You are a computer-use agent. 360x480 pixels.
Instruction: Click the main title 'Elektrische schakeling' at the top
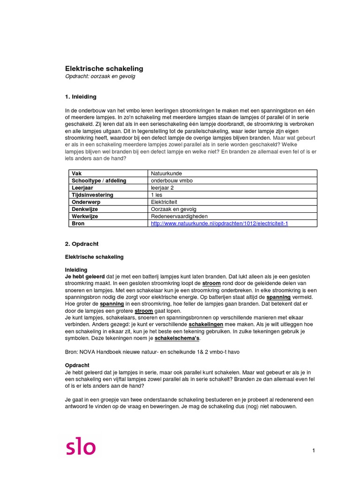coord(104,68)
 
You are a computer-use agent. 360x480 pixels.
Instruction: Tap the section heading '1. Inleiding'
coord(80,97)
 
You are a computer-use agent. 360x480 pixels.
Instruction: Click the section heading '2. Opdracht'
coord(81,244)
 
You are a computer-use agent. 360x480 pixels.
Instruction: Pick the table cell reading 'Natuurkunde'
coord(166,173)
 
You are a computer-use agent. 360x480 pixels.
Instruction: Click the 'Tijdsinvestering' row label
coord(92,195)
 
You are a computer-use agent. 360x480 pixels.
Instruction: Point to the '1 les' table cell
coord(157,195)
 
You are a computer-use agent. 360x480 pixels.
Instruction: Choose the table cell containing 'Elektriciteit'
coord(165,202)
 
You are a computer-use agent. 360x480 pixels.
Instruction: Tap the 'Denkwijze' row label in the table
coord(85,209)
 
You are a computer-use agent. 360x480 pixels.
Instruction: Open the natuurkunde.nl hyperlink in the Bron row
coord(219,224)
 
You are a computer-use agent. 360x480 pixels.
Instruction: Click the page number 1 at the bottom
coord(313,450)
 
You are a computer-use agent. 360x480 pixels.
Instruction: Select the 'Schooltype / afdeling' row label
coord(99,180)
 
